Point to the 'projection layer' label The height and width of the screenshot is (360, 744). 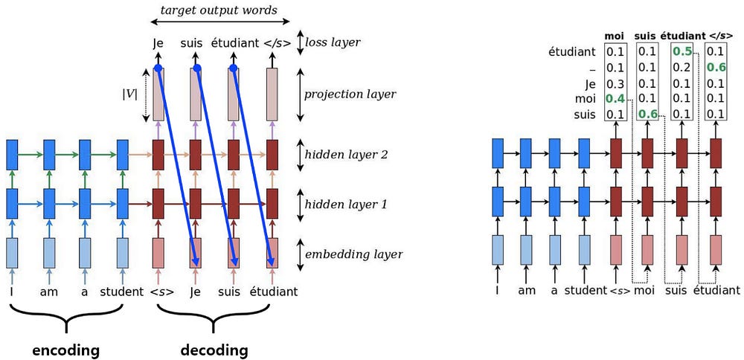tap(350, 94)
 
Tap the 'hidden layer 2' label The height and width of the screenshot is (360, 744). tap(347, 155)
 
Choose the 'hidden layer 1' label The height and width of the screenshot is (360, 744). tap(347, 203)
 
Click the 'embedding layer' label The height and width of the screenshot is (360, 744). tap(353, 254)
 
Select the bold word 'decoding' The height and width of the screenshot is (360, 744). tap(216, 349)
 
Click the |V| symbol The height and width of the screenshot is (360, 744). tap(129, 94)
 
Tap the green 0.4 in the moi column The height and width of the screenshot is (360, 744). tap(615, 98)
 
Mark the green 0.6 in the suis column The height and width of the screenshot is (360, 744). tap(647, 114)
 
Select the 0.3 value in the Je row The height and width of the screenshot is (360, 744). tap(615, 83)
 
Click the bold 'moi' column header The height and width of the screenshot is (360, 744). tap(614, 35)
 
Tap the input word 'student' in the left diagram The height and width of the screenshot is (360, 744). tap(122, 291)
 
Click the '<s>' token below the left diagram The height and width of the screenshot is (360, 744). tap(161, 291)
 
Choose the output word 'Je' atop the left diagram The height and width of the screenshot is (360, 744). tap(158, 42)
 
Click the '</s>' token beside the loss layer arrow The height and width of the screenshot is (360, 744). tap(275, 42)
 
